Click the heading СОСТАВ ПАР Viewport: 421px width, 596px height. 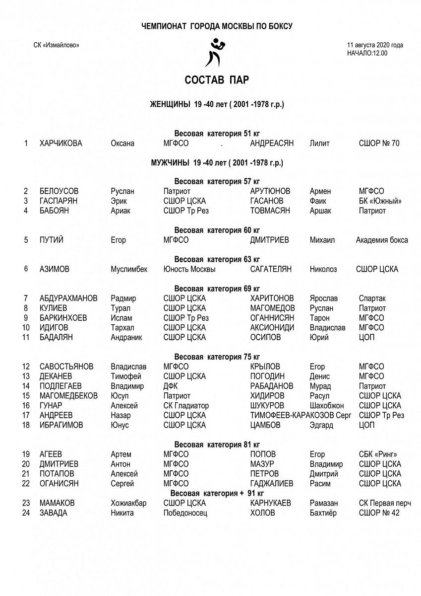(217, 80)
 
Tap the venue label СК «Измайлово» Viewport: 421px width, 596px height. (56, 45)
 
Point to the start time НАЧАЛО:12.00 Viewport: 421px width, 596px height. (367, 53)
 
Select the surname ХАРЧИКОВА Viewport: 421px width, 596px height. (61, 144)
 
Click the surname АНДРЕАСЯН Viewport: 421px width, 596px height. (272, 144)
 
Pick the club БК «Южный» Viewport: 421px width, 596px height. (380, 201)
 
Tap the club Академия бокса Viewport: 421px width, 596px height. (382, 240)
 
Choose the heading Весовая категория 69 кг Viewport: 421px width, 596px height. (217, 289)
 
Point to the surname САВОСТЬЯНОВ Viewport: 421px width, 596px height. (66, 367)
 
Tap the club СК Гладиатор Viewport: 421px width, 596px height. (186, 406)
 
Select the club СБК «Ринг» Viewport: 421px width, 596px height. (378, 454)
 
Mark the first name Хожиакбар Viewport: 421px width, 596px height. (128, 503)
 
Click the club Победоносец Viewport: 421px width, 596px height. (185, 513)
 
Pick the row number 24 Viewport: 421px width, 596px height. (26, 513)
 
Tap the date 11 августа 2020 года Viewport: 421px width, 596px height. (375, 45)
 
